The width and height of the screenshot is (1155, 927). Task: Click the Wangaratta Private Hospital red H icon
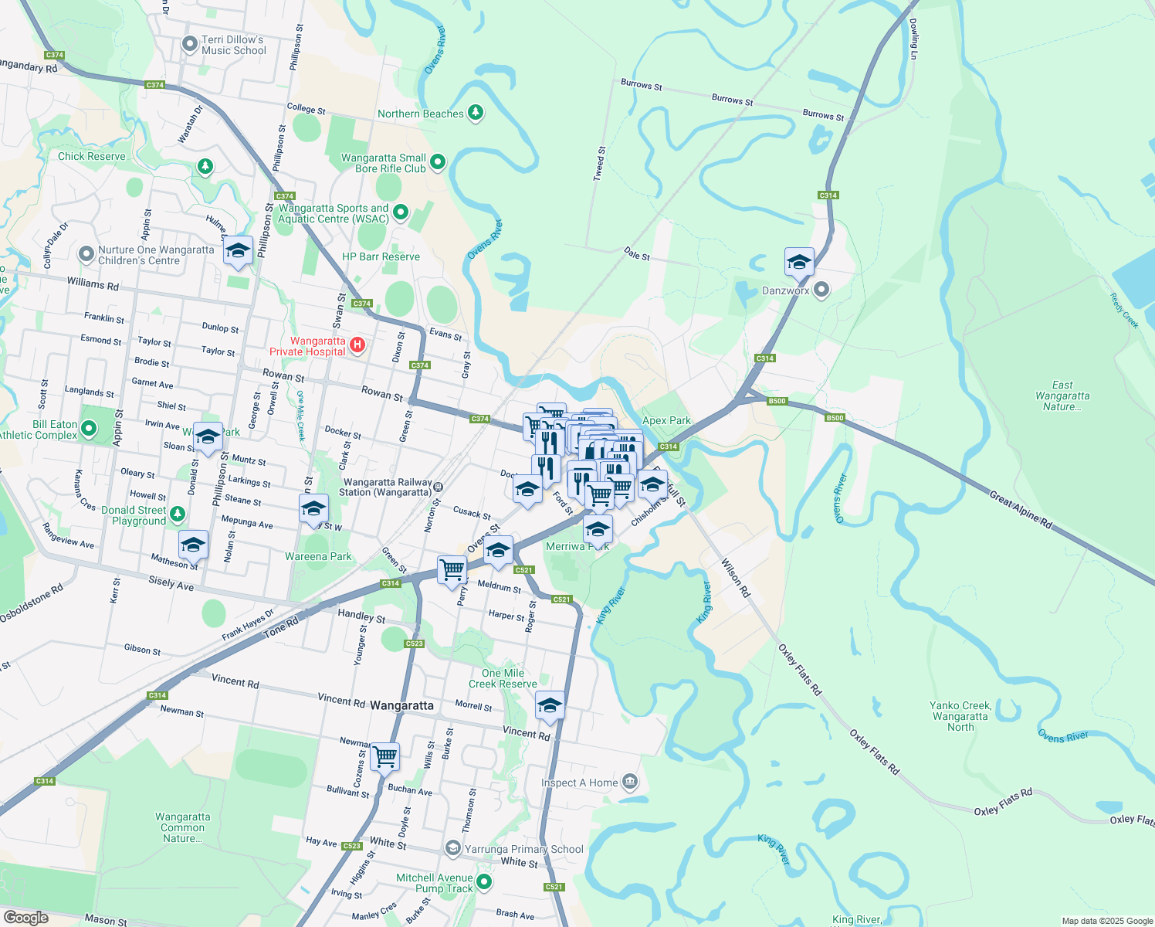357,345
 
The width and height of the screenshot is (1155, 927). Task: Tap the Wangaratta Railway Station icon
438,487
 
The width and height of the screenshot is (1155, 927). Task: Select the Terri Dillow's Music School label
233,45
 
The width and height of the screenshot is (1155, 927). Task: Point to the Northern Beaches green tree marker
476,114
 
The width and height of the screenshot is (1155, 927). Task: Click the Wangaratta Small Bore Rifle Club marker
438,162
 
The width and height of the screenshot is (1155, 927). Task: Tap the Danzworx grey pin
821,290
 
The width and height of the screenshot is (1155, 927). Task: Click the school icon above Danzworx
799,263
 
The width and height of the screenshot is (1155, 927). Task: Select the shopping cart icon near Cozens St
384,758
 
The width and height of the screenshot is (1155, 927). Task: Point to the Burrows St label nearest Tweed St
641,85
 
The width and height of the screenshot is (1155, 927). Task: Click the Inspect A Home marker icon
630,783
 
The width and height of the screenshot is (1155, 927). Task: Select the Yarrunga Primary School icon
453,849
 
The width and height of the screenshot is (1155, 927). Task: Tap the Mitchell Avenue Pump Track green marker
484,882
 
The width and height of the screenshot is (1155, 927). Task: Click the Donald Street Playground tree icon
178,514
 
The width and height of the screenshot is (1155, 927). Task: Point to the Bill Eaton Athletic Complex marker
89,428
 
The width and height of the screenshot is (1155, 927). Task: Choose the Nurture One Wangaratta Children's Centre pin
86,253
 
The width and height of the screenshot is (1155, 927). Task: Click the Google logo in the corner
25,918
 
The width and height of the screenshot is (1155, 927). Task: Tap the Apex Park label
666,421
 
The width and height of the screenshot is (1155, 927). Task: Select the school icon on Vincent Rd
550,706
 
